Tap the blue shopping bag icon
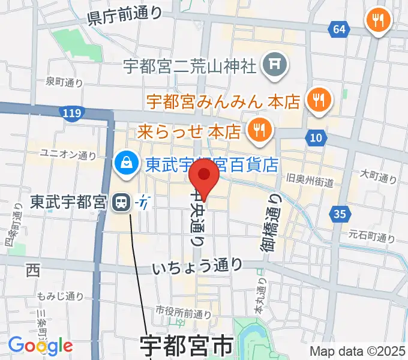127,162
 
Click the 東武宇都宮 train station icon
121,202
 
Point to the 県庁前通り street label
125,14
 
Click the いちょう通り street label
197,265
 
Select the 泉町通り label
64,82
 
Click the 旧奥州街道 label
310,180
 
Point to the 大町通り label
379,177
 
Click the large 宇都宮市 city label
187,347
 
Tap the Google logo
40,346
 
